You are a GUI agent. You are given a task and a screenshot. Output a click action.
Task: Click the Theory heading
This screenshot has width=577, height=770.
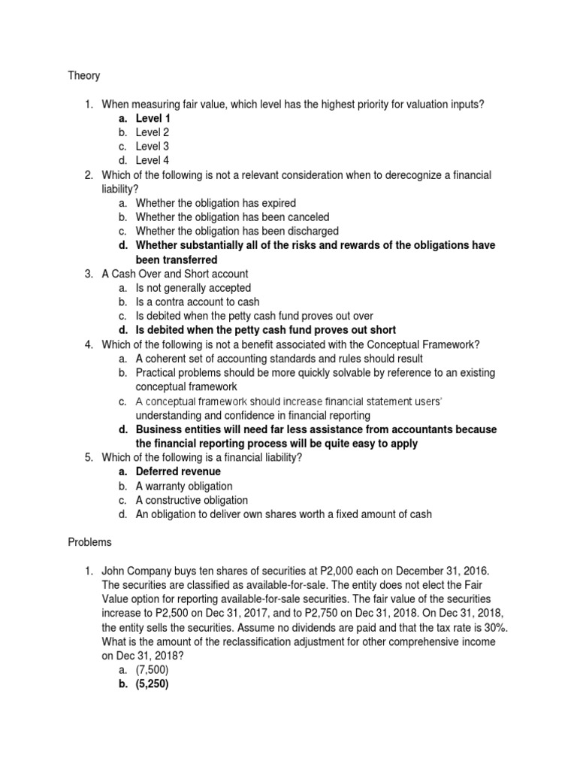tap(83, 76)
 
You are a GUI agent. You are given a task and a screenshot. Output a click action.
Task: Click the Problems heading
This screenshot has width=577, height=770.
tap(89, 542)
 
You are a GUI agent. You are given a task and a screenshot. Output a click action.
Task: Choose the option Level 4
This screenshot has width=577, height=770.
tap(153, 161)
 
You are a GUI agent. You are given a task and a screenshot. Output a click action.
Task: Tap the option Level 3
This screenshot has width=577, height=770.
tap(153, 147)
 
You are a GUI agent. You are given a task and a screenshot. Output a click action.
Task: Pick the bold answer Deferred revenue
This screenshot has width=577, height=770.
tap(178, 472)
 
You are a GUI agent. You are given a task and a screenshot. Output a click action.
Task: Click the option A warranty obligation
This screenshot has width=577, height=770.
tap(184, 487)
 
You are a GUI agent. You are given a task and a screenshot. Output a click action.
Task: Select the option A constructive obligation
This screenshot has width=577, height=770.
tap(192, 500)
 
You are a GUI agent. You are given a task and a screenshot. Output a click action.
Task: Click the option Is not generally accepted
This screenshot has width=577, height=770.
tap(193, 288)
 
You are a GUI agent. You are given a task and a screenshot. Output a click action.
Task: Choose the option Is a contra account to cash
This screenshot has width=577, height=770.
tap(198, 302)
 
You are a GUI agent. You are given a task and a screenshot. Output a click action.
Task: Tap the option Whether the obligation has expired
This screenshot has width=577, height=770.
tap(216, 203)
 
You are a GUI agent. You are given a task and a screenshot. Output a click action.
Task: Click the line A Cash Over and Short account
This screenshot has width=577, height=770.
tap(174, 274)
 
